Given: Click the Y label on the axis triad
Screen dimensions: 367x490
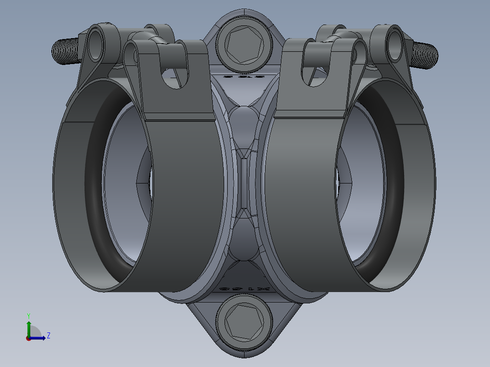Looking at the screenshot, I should pyautogui.click(x=28, y=315).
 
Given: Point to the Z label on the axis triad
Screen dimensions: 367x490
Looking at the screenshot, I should pyautogui.click(x=48, y=336).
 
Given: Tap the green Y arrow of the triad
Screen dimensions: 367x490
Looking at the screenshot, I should pyautogui.click(x=28, y=327).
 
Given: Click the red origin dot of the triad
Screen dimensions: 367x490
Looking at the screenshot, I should pyautogui.click(x=28, y=338).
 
